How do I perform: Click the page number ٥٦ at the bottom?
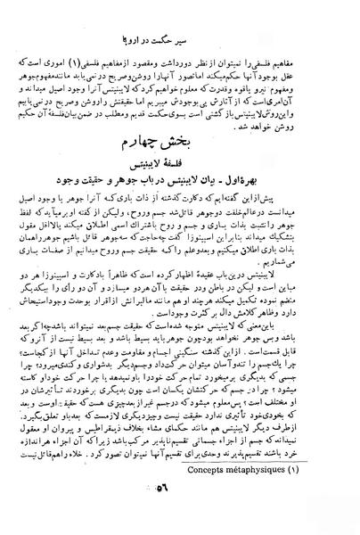[x=188, y=516]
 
